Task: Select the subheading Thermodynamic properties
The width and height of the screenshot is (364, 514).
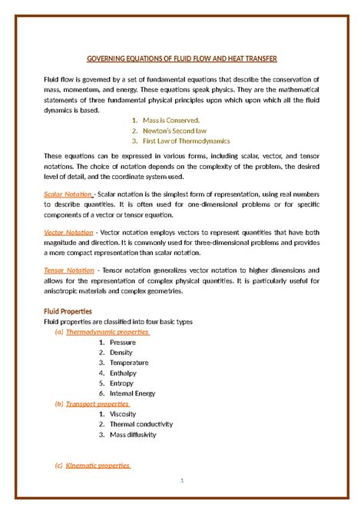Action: (107, 332)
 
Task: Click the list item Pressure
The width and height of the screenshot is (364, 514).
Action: (122, 342)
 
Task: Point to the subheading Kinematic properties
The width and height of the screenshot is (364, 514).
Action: (98, 466)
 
